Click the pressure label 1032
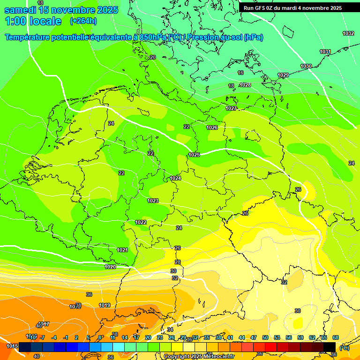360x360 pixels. [348, 33]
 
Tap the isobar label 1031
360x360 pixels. [325, 52]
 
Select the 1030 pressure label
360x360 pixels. [306, 66]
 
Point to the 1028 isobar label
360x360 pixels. [245, 85]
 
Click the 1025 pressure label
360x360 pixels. [194, 155]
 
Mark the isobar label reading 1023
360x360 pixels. [153, 201]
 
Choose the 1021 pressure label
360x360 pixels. [122, 250]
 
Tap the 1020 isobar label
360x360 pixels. [110, 267]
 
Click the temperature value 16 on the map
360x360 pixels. [240, 73]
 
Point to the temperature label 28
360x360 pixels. [178, 262]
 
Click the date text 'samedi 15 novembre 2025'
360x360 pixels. [60, 10]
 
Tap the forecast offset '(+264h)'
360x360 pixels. [83, 21]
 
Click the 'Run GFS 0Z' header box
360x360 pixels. [293, 8]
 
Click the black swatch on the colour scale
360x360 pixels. [330, 346]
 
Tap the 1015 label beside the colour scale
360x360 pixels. [12, 346]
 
